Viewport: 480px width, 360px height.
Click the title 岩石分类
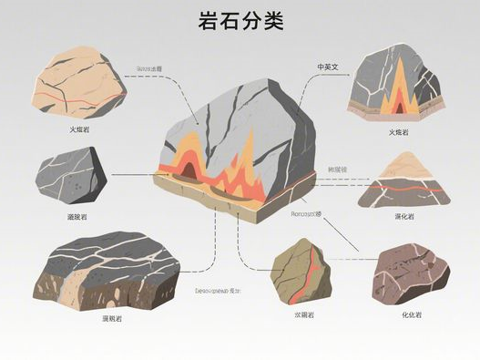tap(240, 22)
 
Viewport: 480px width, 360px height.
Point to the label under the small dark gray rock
tap(79, 218)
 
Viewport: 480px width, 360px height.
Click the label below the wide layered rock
tap(112, 318)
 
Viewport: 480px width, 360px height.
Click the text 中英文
tap(328, 67)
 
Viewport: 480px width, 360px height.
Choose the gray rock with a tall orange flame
tap(396, 82)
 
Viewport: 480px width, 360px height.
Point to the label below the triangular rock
tap(403, 216)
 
